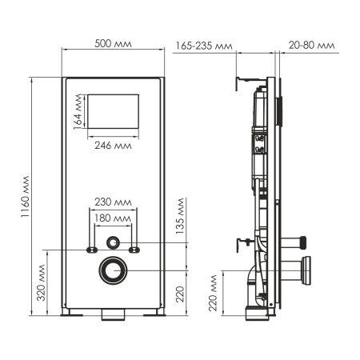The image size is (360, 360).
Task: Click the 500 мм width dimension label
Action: tap(114, 44)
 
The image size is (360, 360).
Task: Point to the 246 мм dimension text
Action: tap(112, 146)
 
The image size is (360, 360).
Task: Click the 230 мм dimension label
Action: tap(113, 202)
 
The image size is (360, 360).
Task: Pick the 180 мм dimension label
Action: tap(113, 218)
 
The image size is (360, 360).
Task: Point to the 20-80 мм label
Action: tap(313, 46)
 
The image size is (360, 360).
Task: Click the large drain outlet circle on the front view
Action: tap(113, 270)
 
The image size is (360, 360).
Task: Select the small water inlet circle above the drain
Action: tap(114, 241)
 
